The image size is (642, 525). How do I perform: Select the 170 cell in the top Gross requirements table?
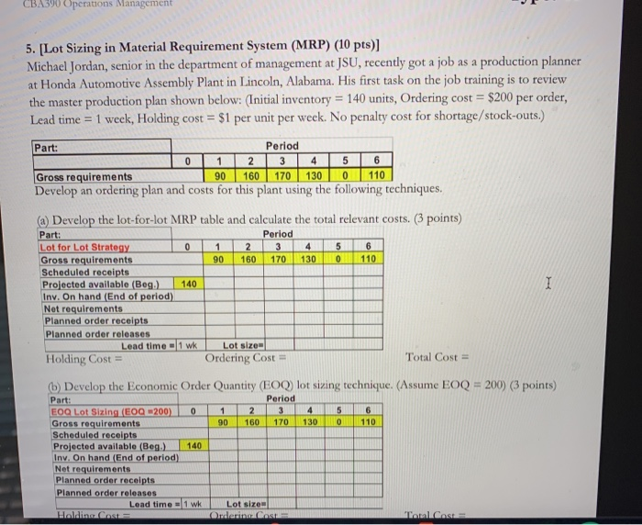(283, 175)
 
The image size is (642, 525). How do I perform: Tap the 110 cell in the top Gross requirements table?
(377, 175)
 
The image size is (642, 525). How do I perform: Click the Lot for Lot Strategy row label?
(84, 247)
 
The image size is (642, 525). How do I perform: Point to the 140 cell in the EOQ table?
(194, 445)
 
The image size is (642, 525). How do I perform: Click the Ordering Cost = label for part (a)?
(240, 357)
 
